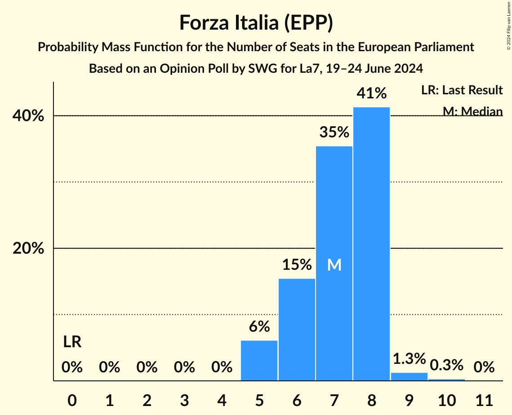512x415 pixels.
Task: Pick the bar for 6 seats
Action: [297, 330]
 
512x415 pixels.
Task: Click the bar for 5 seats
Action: [259, 361]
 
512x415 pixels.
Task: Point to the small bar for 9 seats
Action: [409, 376]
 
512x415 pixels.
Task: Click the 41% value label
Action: [371, 93]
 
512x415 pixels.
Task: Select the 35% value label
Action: [334, 132]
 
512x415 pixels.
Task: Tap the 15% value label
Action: [297, 265]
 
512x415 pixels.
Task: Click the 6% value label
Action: [259, 327]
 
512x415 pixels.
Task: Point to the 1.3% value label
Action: [409, 359]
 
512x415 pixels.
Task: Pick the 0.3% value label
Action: [446, 365]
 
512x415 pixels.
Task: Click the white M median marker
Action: [334, 265]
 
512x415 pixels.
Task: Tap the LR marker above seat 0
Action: [72, 342]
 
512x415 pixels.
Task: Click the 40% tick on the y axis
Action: [28, 116]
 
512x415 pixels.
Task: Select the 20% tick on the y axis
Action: [28, 248]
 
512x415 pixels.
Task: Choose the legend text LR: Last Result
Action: [462, 90]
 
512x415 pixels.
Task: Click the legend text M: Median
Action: [472, 111]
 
